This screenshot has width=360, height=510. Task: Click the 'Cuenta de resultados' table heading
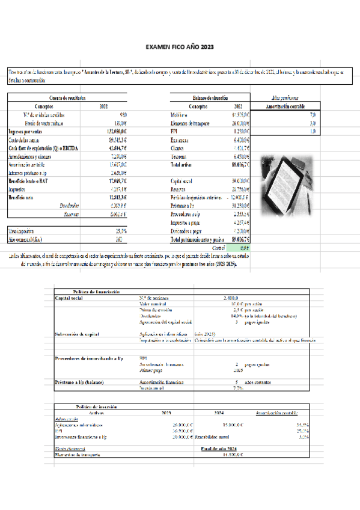coord(67,97)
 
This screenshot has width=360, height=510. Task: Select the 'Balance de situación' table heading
coord(206,97)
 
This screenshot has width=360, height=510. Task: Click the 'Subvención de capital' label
coord(78,333)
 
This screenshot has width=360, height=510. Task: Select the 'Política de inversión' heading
coord(93,408)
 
